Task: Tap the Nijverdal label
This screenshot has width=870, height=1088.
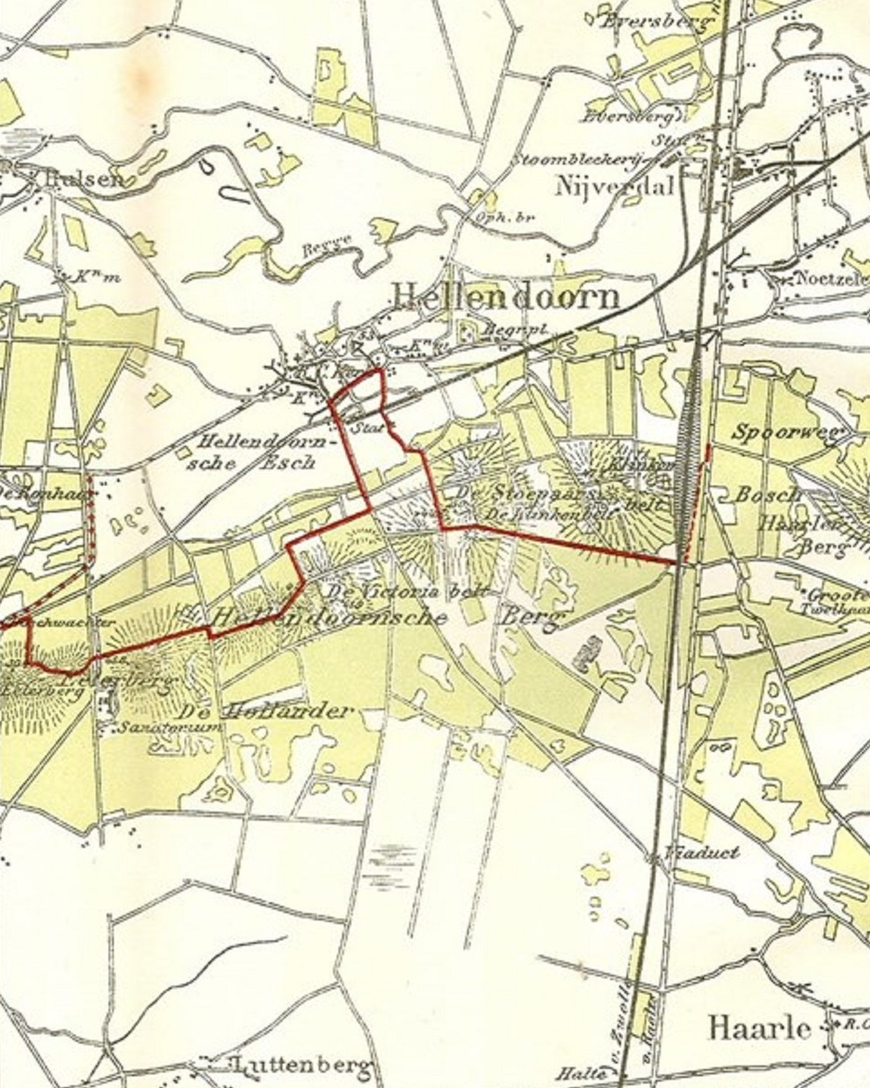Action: click(x=614, y=186)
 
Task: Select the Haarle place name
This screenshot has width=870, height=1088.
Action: click(x=758, y=1028)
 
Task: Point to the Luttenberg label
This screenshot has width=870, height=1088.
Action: click(x=301, y=1066)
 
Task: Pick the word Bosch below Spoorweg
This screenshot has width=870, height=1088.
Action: click(x=768, y=495)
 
